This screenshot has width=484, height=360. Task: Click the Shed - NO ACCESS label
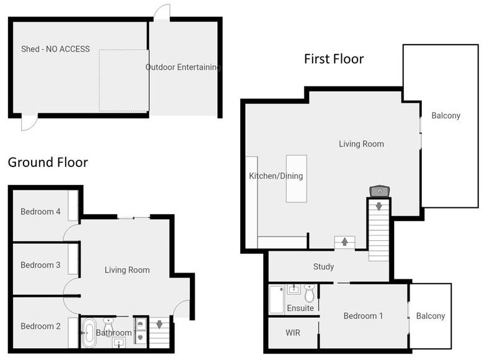tap(56, 49)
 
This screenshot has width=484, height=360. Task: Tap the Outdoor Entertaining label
tap(183, 67)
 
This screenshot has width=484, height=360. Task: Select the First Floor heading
tap(334, 59)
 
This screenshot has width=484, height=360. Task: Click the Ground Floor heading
tap(48, 162)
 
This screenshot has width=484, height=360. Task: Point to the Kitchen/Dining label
tap(276, 176)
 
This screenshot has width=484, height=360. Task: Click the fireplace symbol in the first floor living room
tap(380, 191)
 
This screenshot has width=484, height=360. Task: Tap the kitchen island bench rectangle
tap(297, 179)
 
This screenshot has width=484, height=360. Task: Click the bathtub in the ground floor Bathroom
tap(89, 333)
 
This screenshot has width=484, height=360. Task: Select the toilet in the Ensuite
tap(309, 293)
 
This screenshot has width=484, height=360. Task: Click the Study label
tap(323, 266)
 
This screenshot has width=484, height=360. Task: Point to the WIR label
tap(293, 333)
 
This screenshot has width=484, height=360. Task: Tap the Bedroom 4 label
tap(40, 212)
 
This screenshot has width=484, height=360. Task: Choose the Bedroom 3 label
tap(40, 265)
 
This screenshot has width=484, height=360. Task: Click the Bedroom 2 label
tap(40, 326)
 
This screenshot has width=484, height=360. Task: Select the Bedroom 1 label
tap(363, 316)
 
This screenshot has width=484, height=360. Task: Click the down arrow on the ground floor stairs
tap(159, 325)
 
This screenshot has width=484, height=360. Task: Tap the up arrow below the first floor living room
tap(345, 241)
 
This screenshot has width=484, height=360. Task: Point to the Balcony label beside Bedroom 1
tap(431, 316)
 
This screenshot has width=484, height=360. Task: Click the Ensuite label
tap(300, 308)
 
